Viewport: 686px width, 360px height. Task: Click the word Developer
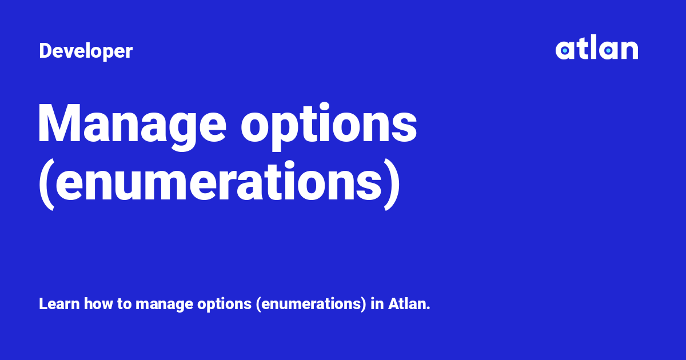(x=86, y=51)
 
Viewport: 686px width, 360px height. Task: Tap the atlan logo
(x=597, y=47)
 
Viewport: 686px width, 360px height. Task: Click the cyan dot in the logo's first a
(x=565, y=50)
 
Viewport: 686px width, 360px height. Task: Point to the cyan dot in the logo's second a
(x=608, y=50)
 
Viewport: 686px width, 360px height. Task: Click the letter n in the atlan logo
(x=629, y=50)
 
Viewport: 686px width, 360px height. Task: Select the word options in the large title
(x=329, y=126)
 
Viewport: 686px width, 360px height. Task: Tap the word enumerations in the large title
(x=218, y=181)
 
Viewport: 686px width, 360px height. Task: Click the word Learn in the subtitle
(x=59, y=304)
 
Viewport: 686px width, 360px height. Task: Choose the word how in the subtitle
(x=98, y=304)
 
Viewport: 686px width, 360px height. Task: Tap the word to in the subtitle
(x=125, y=304)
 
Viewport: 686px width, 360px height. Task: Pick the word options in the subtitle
(x=224, y=305)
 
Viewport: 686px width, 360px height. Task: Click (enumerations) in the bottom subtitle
(x=311, y=305)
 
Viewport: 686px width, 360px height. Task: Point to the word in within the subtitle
(x=377, y=304)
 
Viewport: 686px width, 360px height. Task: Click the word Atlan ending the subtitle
(x=409, y=304)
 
